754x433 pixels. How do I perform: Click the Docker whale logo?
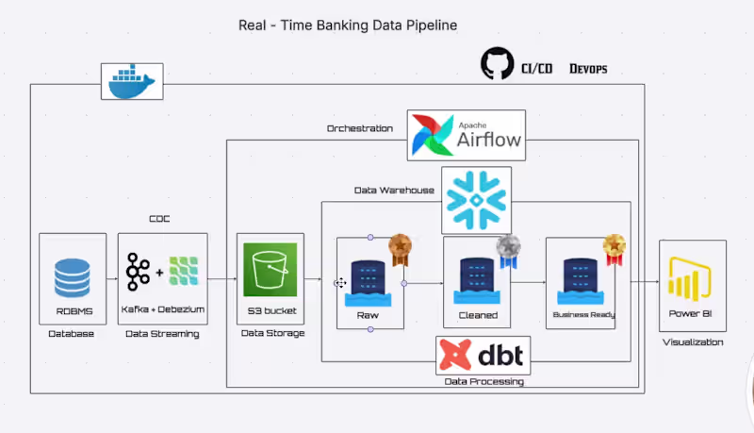tap(132, 82)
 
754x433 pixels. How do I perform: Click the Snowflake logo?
tap(476, 200)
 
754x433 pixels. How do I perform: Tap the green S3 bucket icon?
tap(270, 270)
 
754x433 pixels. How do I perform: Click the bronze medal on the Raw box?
tap(401, 248)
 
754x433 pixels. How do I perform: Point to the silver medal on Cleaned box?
tap(508, 249)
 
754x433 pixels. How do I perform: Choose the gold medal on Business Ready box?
tap(615, 248)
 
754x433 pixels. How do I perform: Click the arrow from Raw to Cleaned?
tap(424, 282)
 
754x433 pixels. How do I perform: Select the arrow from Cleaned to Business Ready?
tap(528, 282)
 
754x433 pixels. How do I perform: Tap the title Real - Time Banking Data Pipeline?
tap(348, 25)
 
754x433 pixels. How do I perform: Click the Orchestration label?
tap(359, 127)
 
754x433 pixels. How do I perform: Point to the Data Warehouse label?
tap(394, 190)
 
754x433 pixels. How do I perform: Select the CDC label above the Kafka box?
tap(159, 219)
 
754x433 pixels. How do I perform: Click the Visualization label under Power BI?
tap(693, 341)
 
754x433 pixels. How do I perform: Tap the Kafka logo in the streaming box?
tap(139, 271)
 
